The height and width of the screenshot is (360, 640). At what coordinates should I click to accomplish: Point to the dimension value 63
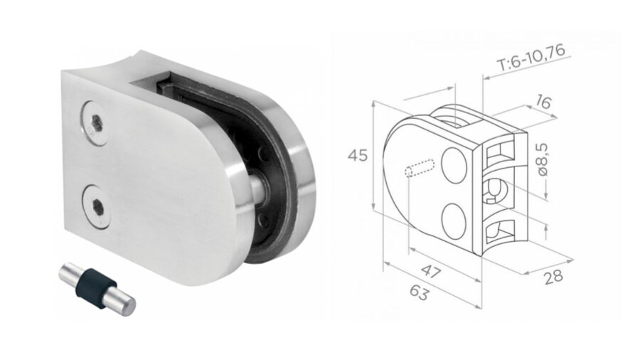(x=420, y=292)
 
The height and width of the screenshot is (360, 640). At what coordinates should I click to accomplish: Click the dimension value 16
(x=543, y=103)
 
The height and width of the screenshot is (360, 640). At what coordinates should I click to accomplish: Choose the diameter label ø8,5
(x=542, y=160)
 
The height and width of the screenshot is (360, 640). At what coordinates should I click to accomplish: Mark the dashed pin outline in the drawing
(x=420, y=170)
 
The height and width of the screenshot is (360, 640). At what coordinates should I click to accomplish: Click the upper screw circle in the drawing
(x=454, y=164)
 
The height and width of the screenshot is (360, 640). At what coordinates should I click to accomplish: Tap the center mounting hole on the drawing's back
(x=496, y=190)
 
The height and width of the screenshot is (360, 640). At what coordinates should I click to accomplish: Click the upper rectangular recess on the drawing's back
(x=501, y=152)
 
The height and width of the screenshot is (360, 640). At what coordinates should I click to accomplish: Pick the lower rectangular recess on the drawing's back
(x=501, y=229)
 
